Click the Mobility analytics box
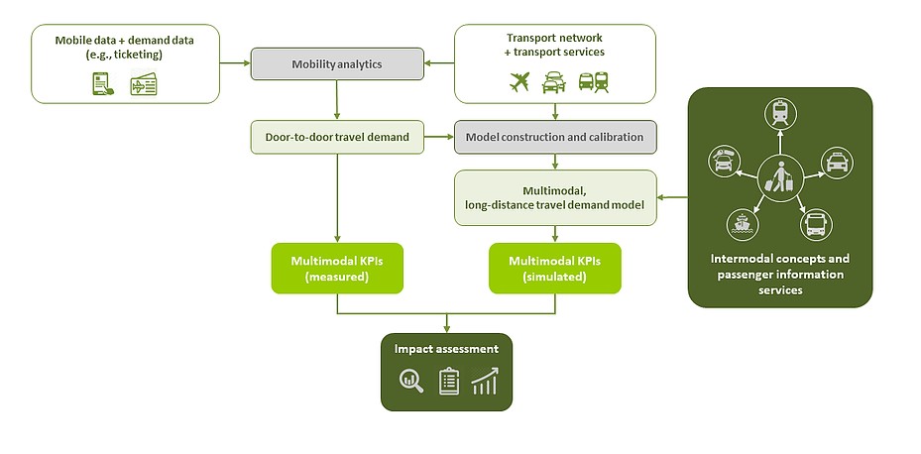coord(337,64)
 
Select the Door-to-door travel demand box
coord(337,138)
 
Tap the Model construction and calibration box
coord(555,138)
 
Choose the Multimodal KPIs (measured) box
coord(337,269)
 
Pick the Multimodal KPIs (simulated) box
coord(555,269)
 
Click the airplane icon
coord(519,81)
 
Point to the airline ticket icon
coord(144,84)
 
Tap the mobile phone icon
coord(103,84)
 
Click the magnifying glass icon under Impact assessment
coord(411,381)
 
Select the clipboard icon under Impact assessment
coord(449,382)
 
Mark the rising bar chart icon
coord(485,382)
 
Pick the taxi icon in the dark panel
coord(837,163)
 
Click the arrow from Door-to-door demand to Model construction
coord(439,138)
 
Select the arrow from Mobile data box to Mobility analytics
coord(235,62)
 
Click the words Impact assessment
coord(446,349)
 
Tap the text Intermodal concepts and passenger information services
coord(780,275)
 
